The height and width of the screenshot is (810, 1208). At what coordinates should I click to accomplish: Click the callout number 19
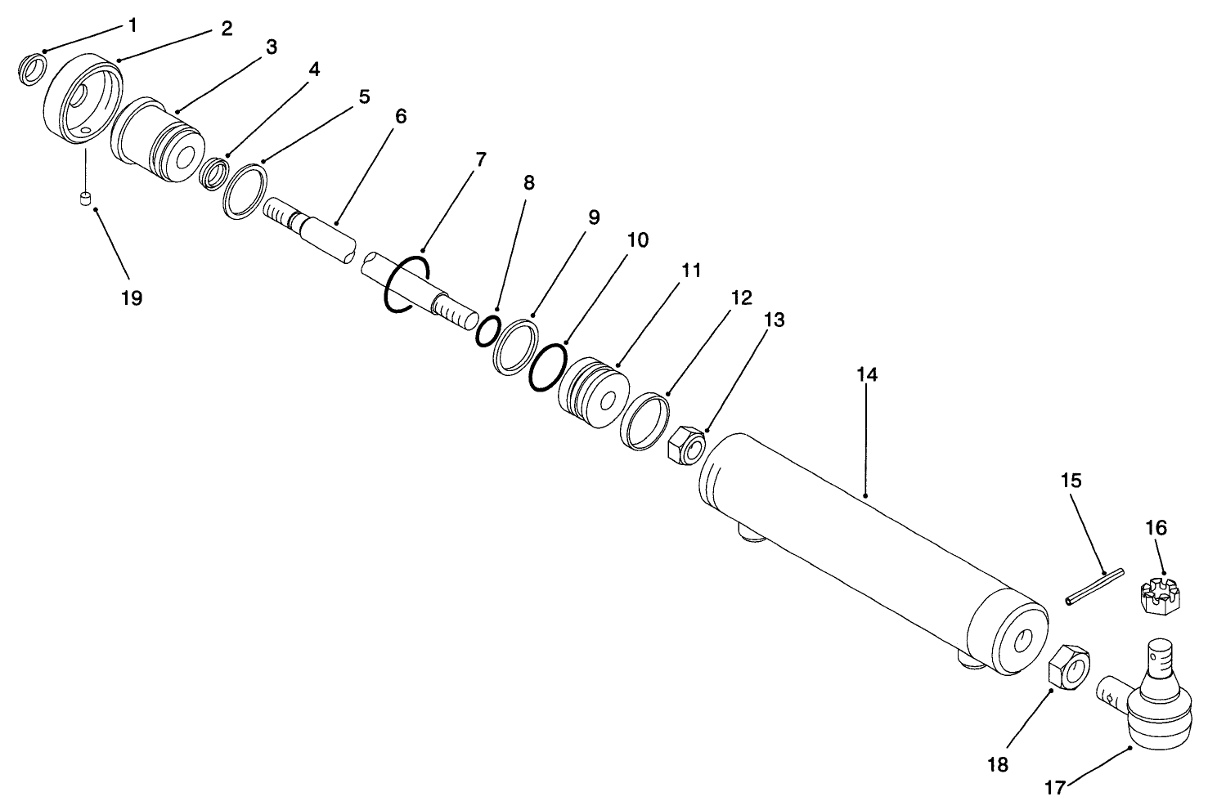click(x=131, y=298)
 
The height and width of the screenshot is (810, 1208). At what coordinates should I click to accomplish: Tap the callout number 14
click(x=867, y=375)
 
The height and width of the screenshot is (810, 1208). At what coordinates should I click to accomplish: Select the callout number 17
click(x=1055, y=789)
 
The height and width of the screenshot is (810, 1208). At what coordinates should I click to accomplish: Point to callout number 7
click(x=481, y=159)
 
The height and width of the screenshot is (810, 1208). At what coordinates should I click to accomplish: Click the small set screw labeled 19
click(x=84, y=198)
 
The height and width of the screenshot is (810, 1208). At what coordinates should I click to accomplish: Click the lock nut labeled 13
click(x=686, y=446)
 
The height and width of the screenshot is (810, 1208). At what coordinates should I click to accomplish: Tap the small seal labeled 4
click(x=214, y=173)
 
